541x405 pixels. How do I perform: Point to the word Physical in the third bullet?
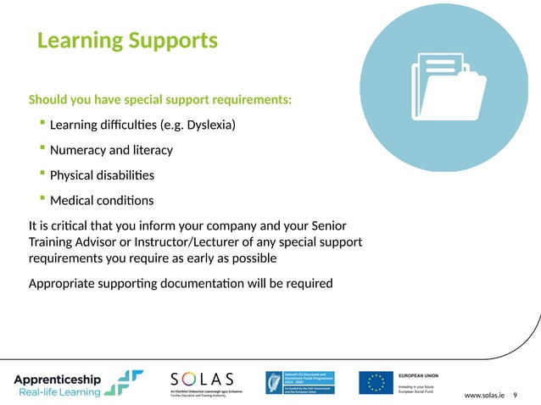[x=73, y=176]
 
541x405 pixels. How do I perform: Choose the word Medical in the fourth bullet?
[x=73, y=201]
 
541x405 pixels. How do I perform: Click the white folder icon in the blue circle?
[x=447, y=95]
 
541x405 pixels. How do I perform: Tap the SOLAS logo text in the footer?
[x=203, y=377]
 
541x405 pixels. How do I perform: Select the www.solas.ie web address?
[x=485, y=396]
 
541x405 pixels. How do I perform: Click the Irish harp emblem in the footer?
[x=274, y=383]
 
